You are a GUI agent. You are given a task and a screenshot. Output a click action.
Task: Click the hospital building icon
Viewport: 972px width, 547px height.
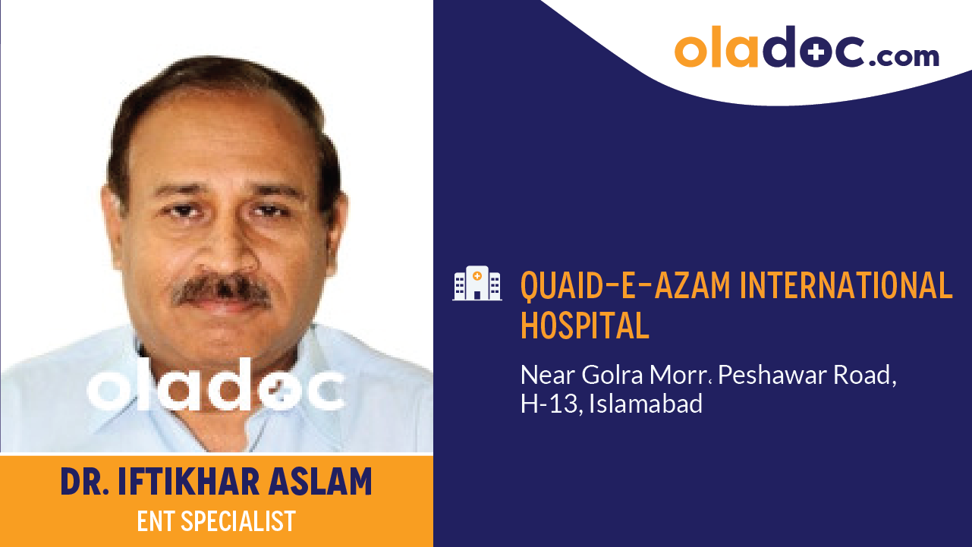coord(477,283)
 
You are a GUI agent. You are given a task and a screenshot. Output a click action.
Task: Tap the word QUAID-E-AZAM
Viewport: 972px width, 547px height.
coord(624,286)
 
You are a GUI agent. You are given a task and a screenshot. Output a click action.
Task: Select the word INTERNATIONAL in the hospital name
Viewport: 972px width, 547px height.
coord(846,286)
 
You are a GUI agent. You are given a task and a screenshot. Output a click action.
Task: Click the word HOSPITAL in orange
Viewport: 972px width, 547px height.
coord(584,325)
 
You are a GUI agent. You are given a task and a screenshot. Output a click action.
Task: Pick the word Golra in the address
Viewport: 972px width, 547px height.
coord(608,375)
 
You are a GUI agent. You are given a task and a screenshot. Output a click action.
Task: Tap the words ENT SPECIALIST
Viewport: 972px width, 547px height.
coord(216,522)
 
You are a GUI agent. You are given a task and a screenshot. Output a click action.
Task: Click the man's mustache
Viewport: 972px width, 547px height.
coord(222,290)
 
